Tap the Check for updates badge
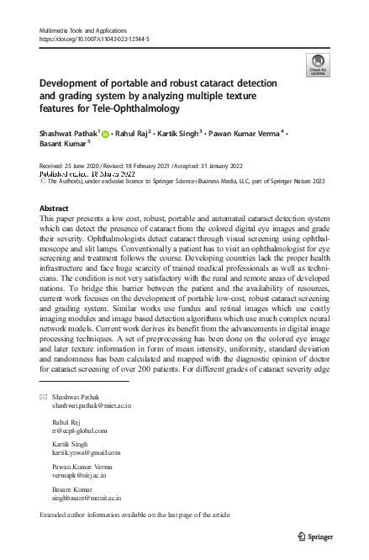pyautogui.click(x=319, y=63)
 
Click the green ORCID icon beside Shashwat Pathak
pyautogui.click(x=106, y=134)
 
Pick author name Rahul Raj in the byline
pyautogui.click(x=134, y=133)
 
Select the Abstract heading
pyautogui.click(x=55, y=206)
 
